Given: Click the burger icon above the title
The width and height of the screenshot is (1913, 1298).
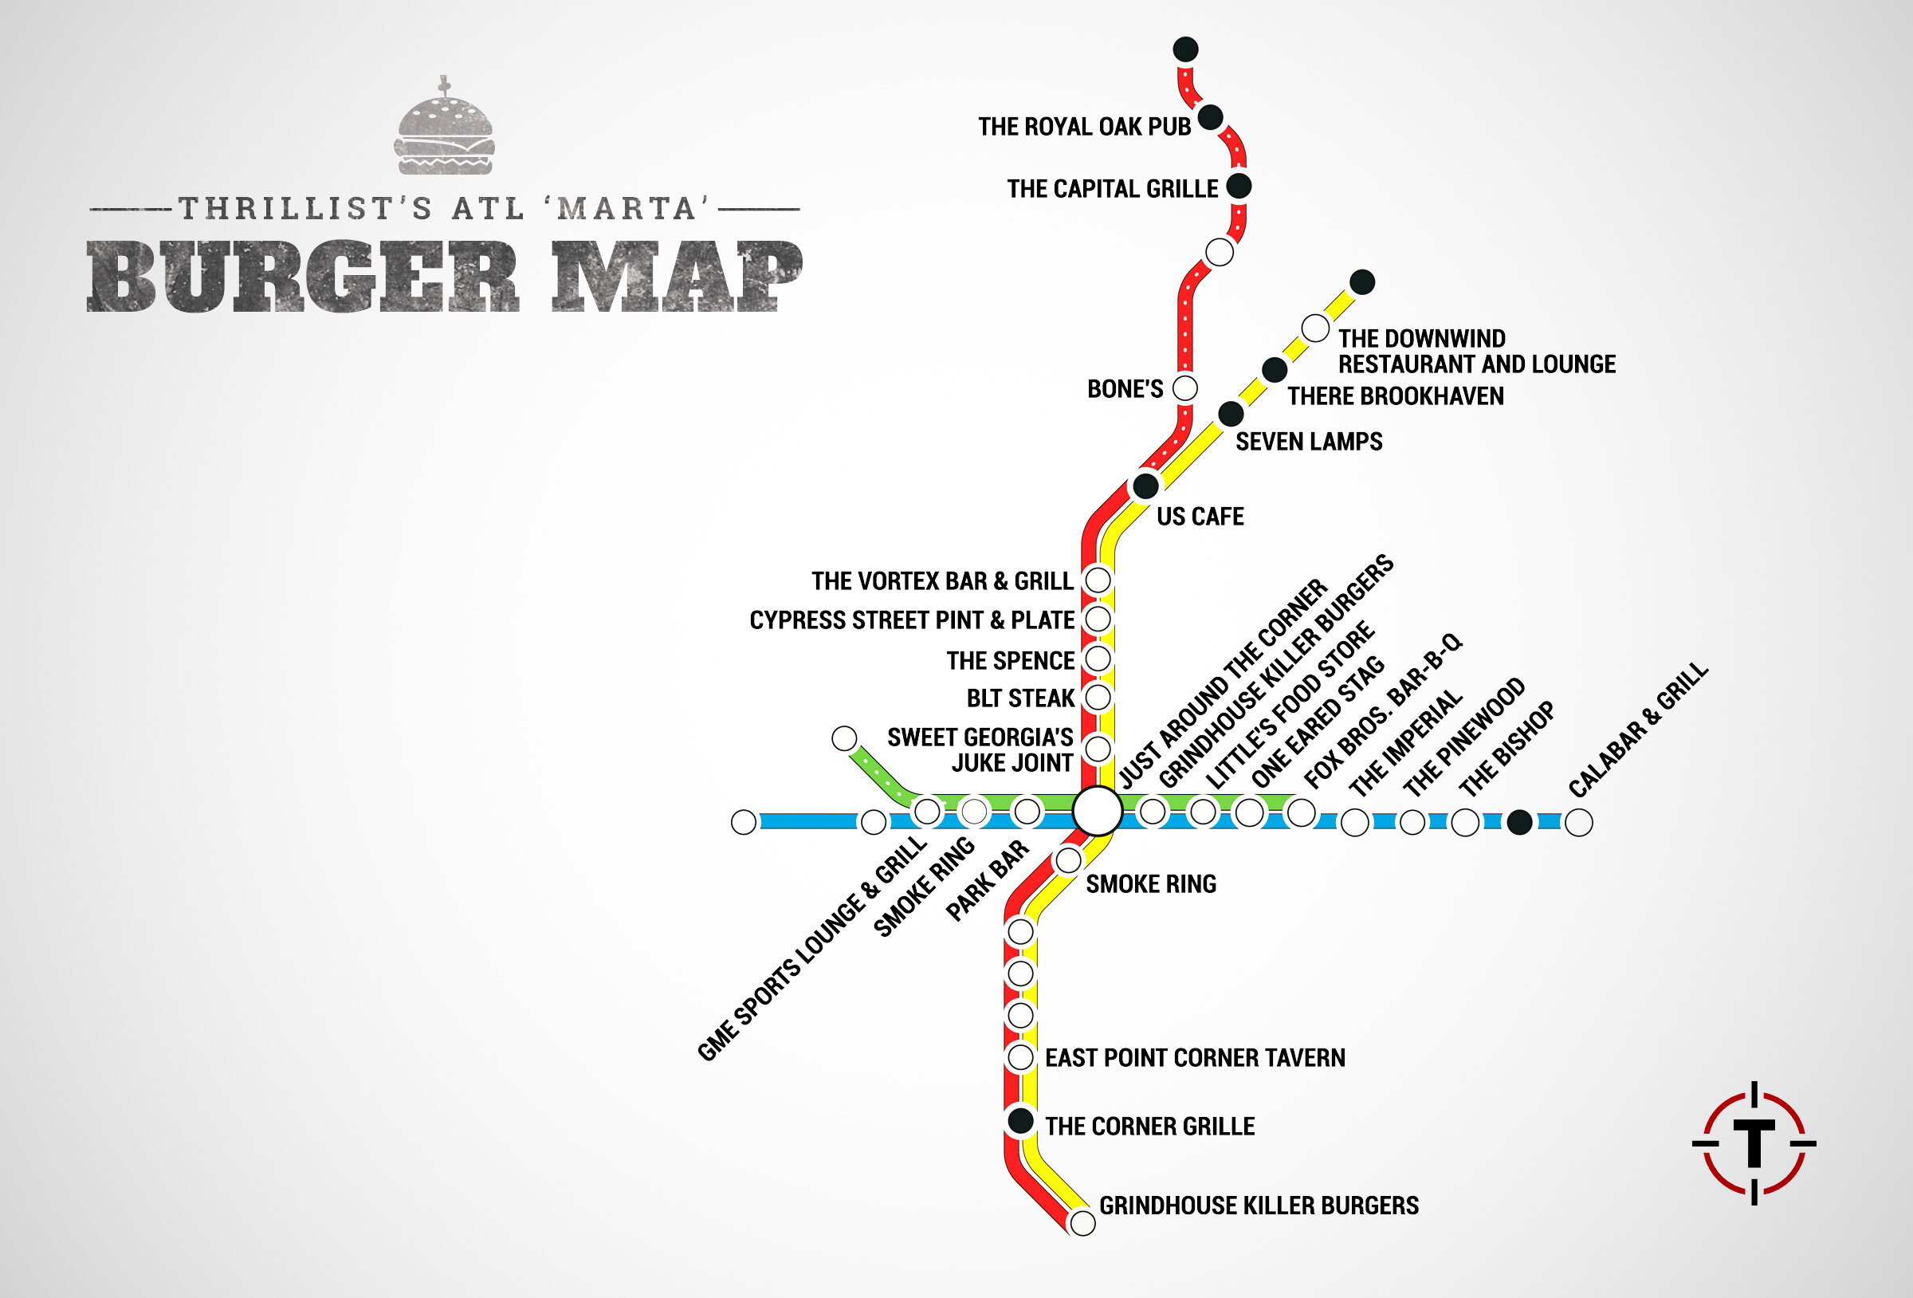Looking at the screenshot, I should [x=446, y=128].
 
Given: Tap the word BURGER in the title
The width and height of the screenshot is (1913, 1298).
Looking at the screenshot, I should [x=303, y=277].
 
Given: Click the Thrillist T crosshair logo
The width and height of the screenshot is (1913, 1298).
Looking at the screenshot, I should [x=1754, y=1143].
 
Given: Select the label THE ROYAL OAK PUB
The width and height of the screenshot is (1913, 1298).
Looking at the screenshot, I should [x=1084, y=127].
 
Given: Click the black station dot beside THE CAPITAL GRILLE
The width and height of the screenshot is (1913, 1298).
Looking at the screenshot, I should [x=1239, y=186].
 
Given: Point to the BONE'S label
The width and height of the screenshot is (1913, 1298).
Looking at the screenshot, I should [x=1125, y=389].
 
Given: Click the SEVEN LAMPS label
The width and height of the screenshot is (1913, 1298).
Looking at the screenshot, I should [x=1309, y=442].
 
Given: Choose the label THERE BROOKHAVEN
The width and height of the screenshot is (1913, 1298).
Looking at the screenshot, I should [x=1395, y=396].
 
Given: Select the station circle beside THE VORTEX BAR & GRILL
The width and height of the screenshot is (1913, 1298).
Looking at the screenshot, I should [x=1098, y=580].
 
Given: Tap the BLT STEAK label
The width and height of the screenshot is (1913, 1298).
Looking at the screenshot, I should [x=1020, y=698].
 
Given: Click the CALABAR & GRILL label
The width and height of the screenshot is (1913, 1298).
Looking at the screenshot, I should [x=1638, y=730].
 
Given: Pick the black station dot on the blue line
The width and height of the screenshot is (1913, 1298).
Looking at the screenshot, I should [x=1519, y=822].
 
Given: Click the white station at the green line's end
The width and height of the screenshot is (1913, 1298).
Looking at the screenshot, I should [x=845, y=738].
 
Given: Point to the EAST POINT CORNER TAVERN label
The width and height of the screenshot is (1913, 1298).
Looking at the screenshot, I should [x=1194, y=1057].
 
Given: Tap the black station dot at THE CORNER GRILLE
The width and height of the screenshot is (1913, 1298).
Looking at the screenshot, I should [x=1021, y=1121].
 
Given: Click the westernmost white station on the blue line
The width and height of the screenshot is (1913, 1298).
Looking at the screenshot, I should [x=744, y=822].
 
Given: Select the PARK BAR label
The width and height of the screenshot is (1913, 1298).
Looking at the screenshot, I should [x=987, y=880].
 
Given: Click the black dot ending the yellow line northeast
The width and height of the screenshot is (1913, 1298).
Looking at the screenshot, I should [x=1362, y=281].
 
